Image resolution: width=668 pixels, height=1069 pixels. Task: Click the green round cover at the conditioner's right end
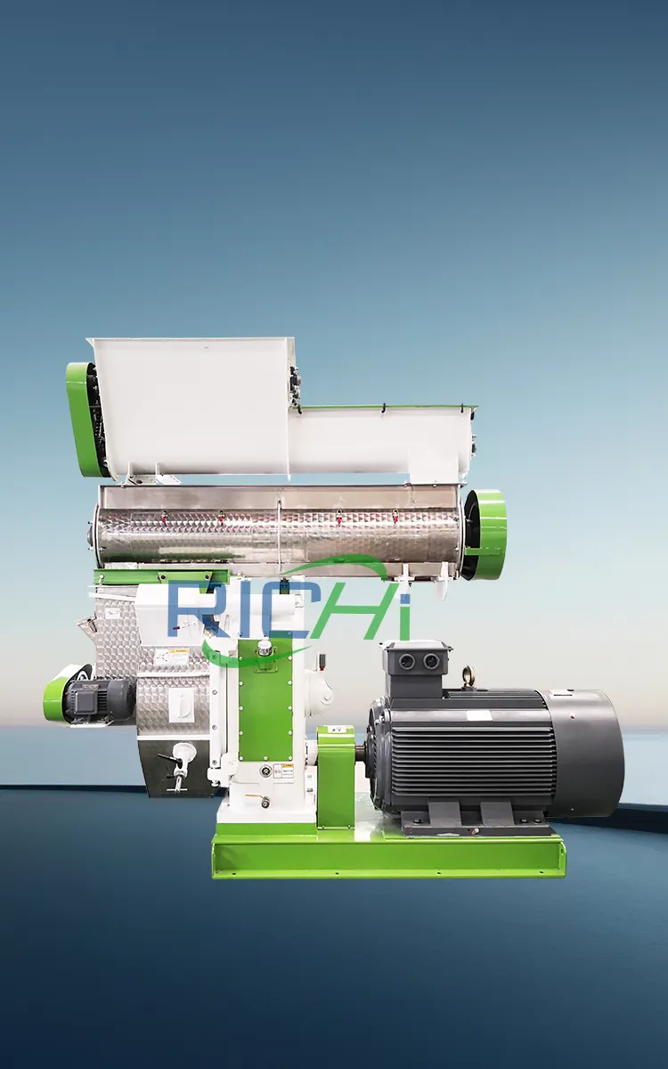(x=486, y=533)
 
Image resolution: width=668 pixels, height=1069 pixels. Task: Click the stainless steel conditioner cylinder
(x=276, y=531)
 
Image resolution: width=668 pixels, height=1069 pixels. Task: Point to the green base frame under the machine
(x=387, y=857)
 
